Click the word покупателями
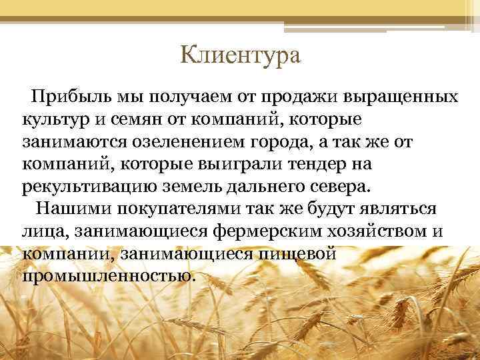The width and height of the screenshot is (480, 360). tap(187, 207)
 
